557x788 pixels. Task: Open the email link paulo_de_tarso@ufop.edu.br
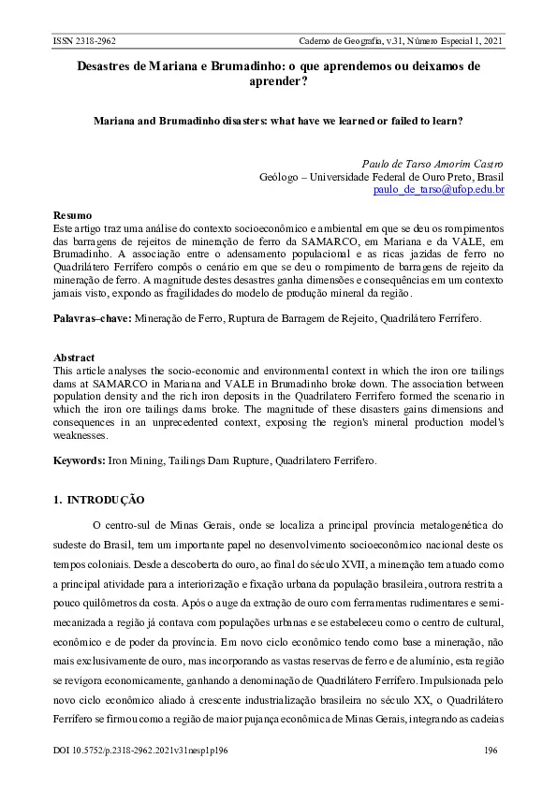tap(438, 190)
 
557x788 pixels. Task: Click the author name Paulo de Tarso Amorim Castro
tap(432, 163)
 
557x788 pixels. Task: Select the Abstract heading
tap(74, 358)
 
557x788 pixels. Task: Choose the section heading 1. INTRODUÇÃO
tap(99, 500)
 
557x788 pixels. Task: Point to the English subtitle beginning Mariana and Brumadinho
tap(278, 122)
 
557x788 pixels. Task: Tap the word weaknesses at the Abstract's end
tap(81, 436)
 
